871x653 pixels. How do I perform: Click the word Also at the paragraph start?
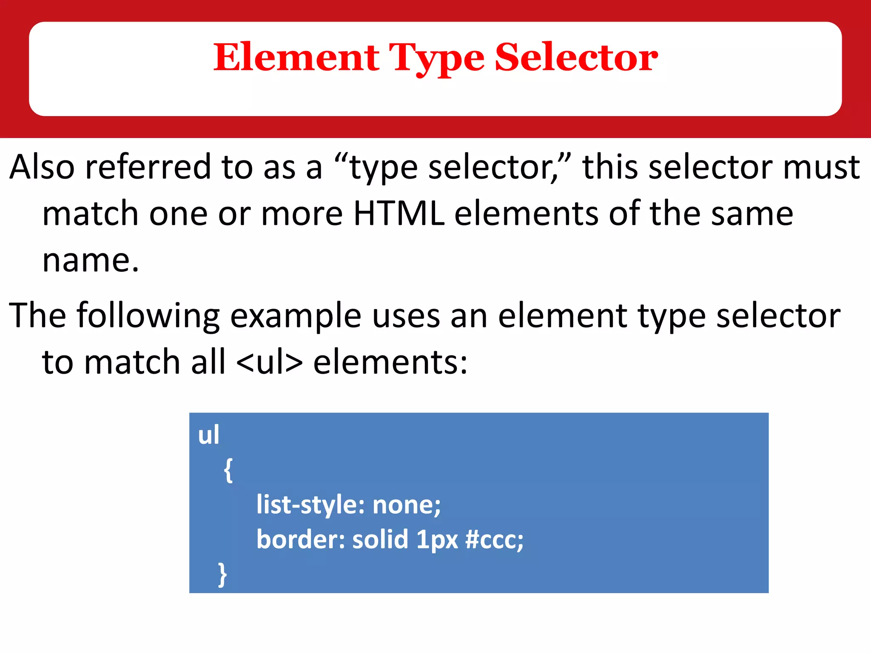(42, 167)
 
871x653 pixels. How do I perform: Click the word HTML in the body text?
(399, 213)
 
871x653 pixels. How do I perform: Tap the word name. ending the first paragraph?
(91, 260)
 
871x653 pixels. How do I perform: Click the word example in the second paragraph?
(296, 316)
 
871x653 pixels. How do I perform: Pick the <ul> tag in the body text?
(269, 362)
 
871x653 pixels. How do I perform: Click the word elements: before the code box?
(390, 362)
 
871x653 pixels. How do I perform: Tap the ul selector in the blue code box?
(208, 435)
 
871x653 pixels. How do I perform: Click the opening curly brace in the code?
(228, 470)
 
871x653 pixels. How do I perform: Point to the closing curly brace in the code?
(222, 574)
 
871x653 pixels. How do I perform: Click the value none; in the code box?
(407, 505)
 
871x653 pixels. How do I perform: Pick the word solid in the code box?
(380, 539)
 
